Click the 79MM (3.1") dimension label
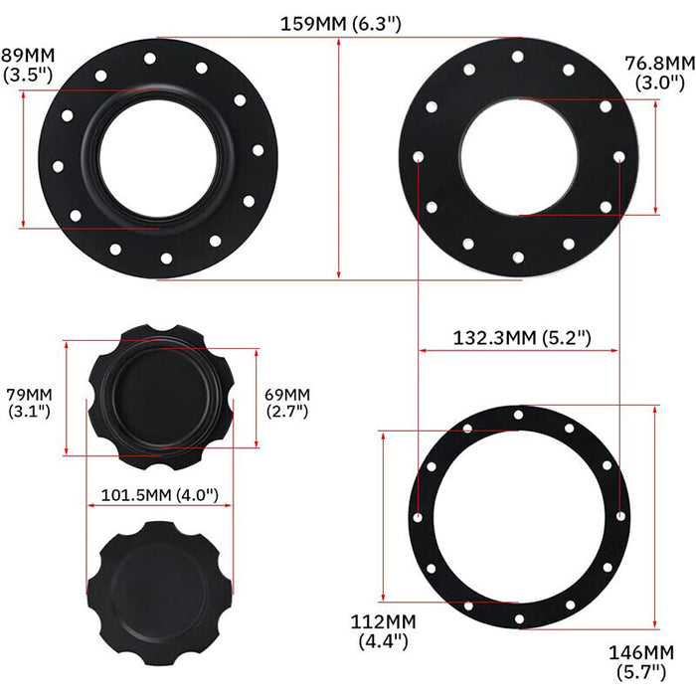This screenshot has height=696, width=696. [x=30, y=402]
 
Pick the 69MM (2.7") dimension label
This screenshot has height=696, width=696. [x=287, y=402]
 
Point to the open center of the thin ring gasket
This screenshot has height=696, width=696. [x=519, y=516]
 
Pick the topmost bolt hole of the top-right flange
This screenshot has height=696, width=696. [x=518, y=57]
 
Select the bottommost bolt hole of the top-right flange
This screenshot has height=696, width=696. [x=518, y=259]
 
